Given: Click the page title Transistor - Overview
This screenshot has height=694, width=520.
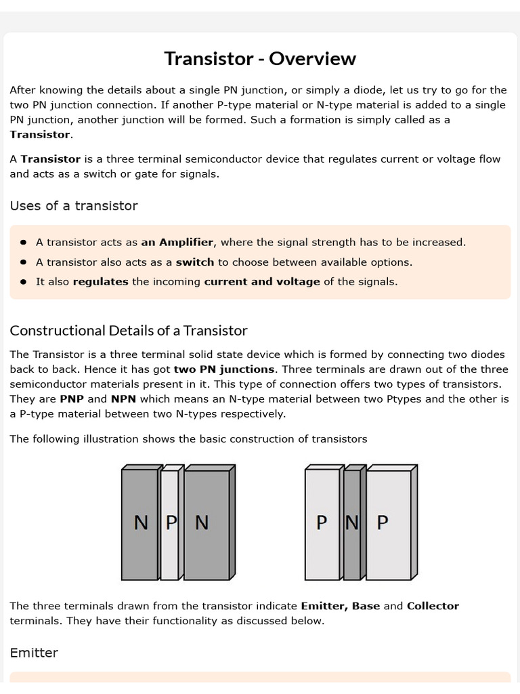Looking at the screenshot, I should click(x=260, y=59).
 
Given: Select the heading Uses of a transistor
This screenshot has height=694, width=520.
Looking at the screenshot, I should click(x=74, y=206).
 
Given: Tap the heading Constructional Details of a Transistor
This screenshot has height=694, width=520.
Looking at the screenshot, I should click(x=129, y=331).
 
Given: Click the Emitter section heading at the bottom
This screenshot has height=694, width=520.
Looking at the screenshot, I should click(x=34, y=653).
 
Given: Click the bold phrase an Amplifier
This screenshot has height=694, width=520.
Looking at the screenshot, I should click(x=177, y=243).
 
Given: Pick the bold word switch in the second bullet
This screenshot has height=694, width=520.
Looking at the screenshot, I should click(x=195, y=262).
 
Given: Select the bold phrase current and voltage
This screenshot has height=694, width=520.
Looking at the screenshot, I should click(x=262, y=282).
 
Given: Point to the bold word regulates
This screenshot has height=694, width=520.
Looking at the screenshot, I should click(x=100, y=282).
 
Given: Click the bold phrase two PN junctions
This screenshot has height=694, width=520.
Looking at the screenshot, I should click(x=224, y=369).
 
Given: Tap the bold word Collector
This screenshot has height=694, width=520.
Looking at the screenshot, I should click(x=433, y=606).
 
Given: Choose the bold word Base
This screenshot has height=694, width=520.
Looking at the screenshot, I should click(x=366, y=606).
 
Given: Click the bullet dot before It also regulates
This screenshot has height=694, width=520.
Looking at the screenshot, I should click(x=24, y=282).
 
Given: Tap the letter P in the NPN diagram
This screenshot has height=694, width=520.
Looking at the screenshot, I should click(x=171, y=523).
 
